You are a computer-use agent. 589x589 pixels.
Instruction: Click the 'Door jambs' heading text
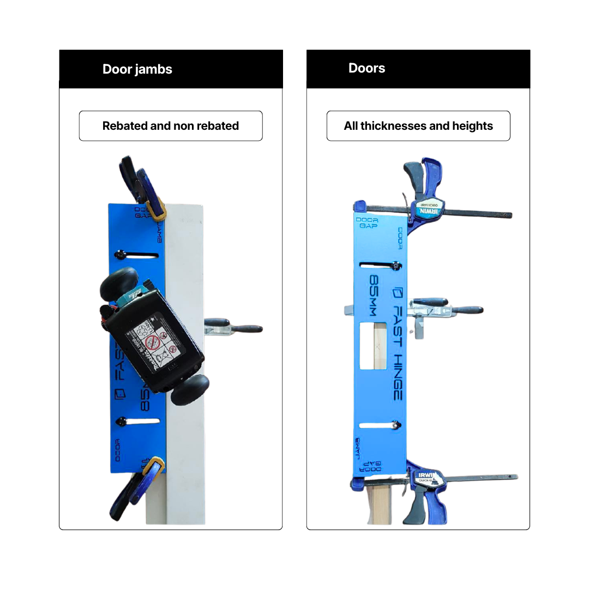click(x=137, y=69)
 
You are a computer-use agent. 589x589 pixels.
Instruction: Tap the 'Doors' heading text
click(x=366, y=68)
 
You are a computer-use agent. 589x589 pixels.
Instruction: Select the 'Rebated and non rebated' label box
click(x=171, y=126)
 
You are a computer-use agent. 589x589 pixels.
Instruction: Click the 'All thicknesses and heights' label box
click(x=418, y=126)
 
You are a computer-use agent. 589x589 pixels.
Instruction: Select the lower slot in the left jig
click(x=139, y=421)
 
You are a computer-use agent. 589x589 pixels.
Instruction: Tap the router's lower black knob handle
click(x=190, y=389)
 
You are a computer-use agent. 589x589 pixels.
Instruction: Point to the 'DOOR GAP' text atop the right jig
click(x=367, y=224)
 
